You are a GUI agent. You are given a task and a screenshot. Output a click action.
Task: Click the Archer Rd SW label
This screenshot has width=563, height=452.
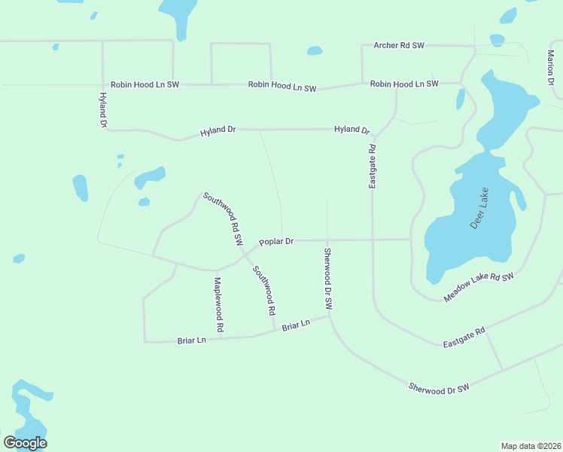pos(399,46)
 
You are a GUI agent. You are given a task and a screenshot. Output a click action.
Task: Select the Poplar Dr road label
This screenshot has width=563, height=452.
pos(275,242)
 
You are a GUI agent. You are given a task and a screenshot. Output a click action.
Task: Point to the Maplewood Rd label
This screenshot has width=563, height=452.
pos(218,305)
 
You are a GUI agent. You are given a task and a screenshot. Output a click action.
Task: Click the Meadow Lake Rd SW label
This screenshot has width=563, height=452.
pos(478,288)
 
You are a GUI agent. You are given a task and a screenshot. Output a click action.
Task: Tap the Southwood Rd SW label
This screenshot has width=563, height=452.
pos(223,218)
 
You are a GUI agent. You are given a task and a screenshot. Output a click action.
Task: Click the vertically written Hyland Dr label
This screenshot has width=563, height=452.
pos(104,110)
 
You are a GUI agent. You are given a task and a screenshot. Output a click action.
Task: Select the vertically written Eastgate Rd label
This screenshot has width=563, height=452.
pos(372,167)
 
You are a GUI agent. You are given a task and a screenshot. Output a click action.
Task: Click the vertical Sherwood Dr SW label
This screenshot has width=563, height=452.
pos(328,279)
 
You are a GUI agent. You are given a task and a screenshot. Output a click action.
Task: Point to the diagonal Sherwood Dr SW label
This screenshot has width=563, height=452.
pos(439,387)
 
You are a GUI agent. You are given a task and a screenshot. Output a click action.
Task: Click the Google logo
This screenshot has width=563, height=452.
pos(26,443)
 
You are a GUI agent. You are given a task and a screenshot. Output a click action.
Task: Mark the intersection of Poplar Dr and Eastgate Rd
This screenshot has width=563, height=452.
pos(373,240)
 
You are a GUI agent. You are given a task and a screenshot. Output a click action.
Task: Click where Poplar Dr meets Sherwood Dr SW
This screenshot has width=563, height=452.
pos(327,241)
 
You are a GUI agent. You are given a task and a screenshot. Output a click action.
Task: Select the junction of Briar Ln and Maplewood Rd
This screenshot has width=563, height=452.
pos(221,338)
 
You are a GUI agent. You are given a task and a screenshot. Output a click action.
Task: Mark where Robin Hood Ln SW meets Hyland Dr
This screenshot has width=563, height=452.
pos(103,84)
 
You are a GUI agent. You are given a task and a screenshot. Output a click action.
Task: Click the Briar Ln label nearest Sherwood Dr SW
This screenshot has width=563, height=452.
pos(296,325)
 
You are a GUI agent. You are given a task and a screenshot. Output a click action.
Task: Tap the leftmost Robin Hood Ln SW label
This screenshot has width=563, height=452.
pos(145,85)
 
